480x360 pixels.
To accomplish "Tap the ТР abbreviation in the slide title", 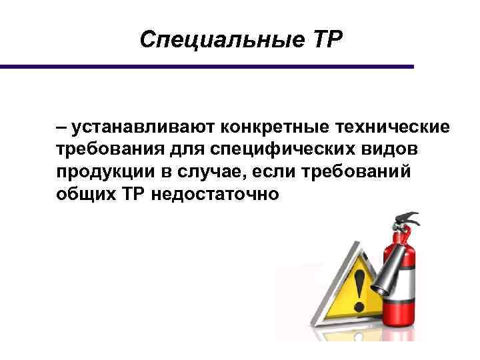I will tap(324, 41).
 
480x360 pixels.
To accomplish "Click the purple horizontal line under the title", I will tap(207, 67).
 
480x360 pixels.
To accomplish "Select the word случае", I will tap(209, 171).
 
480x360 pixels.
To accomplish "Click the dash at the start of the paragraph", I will tap(61, 127).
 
